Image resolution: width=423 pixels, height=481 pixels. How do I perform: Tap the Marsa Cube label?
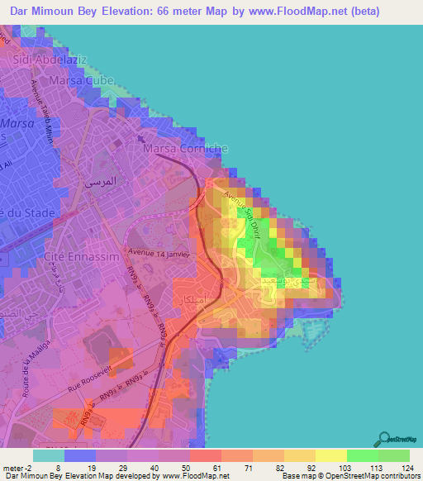[80, 81]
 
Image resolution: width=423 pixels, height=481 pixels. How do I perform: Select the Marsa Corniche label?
[185, 149]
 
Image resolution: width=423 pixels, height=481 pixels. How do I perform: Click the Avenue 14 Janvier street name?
[159, 253]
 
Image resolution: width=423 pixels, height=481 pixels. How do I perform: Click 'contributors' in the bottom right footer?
[400, 476]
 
